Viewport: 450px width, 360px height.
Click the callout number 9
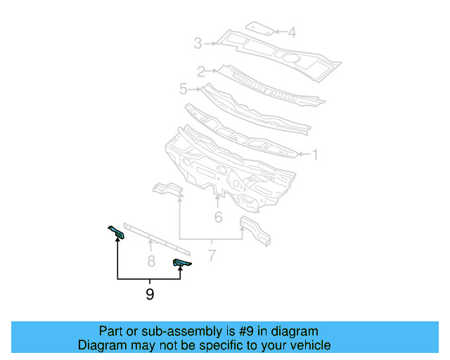[x=150, y=294]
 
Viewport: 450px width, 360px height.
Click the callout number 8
[x=150, y=262]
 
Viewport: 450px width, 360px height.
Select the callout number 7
[x=211, y=254]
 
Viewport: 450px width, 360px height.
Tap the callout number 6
[x=218, y=217]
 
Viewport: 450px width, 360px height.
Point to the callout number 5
[x=184, y=89]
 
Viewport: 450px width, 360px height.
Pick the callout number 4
[x=292, y=32]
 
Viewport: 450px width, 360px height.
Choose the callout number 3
[x=198, y=44]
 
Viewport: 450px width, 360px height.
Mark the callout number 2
[x=201, y=71]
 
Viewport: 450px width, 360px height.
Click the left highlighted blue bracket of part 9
[x=117, y=232]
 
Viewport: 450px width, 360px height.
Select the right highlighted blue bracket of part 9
[x=181, y=263]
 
